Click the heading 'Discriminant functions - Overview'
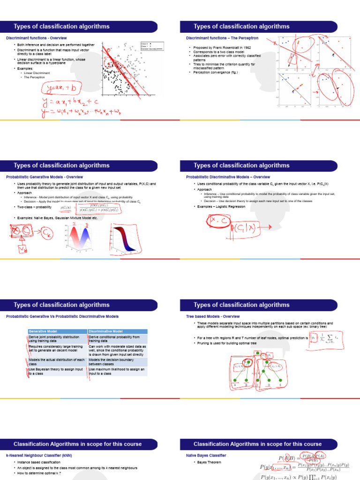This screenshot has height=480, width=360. coord(36,37)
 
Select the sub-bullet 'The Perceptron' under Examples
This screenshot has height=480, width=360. coord(34,77)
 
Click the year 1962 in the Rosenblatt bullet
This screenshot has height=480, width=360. coord(239,48)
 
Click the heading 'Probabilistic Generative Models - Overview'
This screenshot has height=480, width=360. coord(44,177)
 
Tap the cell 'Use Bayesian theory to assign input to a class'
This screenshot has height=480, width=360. coord(54,372)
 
